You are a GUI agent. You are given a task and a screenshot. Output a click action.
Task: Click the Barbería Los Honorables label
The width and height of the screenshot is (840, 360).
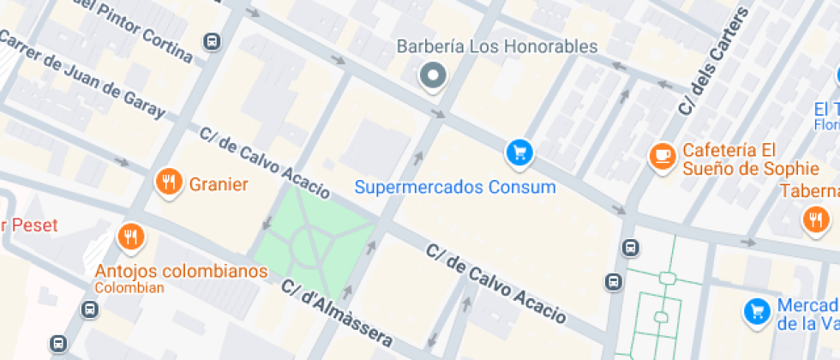[x=496, y=46]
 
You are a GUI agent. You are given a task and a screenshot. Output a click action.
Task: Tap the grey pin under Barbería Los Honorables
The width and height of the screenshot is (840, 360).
[x=434, y=76]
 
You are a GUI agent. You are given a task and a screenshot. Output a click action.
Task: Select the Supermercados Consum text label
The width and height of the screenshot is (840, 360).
[x=455, y=186]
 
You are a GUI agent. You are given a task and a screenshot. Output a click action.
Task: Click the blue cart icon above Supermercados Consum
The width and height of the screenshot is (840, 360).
[x=519, y=153]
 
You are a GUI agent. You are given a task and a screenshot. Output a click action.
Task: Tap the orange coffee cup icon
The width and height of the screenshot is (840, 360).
[x=662, y=155]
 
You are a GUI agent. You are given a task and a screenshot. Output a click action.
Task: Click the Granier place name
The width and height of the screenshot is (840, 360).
[x=219, y=184]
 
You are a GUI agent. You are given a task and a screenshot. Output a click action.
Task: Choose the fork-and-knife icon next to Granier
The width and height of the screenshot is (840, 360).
[x=168, y=182]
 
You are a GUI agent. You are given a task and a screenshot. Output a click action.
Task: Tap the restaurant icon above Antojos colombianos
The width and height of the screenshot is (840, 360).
[x=130, y=236]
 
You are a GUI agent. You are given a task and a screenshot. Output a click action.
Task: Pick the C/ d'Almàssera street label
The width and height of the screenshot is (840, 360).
[x=337, y=317]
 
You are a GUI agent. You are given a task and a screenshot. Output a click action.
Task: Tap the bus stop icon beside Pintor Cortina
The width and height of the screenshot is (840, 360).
[x=211, y=40]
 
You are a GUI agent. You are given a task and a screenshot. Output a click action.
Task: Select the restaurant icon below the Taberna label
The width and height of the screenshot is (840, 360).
[x=815, y=220]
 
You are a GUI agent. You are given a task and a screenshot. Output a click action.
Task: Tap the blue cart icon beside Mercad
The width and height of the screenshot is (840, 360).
[x=756, y=311]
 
